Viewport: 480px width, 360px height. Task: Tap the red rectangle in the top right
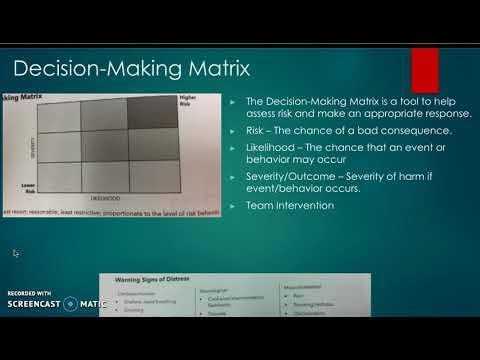tap(424, 70)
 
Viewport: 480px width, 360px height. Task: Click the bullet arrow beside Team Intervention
tap(233, 205)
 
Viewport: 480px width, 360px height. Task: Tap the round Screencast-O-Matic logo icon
tap(70, 303)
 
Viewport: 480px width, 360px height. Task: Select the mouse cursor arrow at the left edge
tap(16, 254)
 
